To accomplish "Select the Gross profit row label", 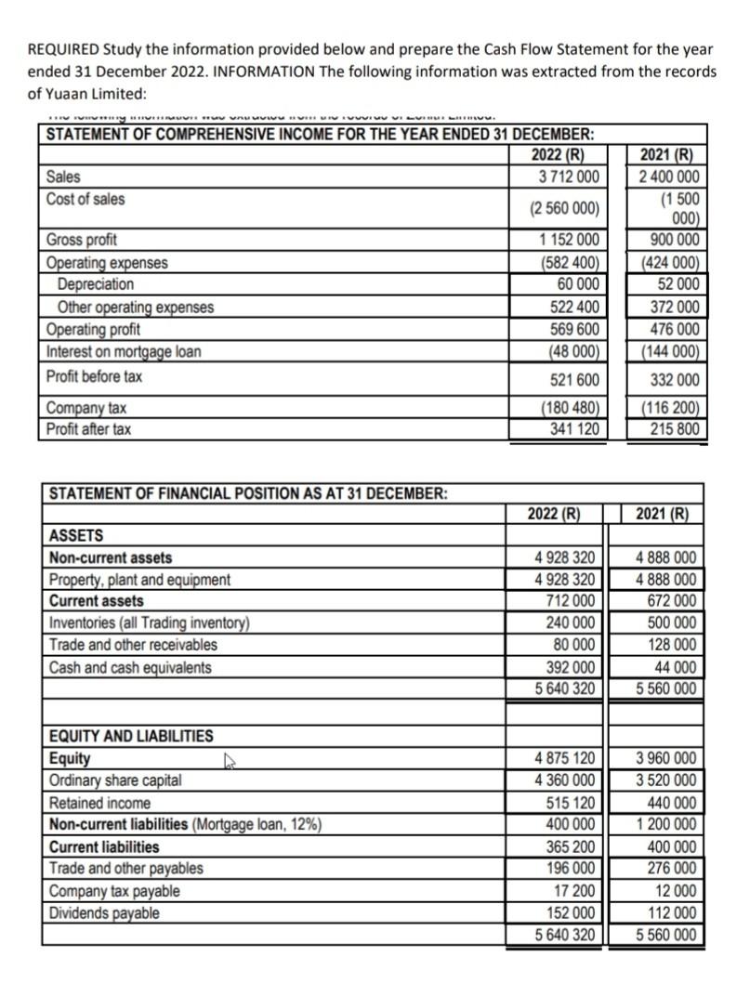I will click(82, 240).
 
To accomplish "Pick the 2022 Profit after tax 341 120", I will click(572, 429).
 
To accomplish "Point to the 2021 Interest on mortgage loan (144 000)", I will click(665, 352).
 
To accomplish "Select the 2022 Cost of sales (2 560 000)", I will click(565, 207).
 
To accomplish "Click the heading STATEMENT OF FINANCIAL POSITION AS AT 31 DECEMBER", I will click(247, 493).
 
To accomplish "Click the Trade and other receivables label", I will click(132, 645).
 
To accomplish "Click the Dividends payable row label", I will click(103, 914).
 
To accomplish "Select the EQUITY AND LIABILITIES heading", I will click(130, 736).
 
